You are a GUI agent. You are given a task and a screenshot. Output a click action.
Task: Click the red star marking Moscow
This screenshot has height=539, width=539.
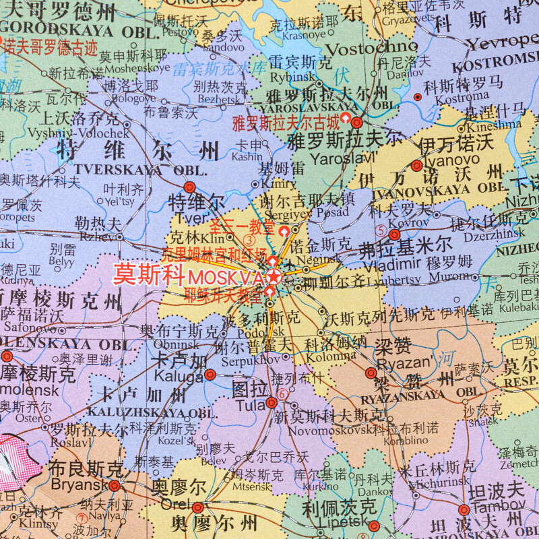pos(274,276)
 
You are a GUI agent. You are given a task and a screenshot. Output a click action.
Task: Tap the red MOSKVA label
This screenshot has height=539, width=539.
pos(226,278)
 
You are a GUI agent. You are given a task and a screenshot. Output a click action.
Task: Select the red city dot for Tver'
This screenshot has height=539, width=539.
pos(189,187)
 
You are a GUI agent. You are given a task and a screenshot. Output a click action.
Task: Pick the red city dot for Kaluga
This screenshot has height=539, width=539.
pos(210,375)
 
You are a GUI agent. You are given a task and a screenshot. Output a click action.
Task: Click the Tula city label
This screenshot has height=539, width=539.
pos(250,406)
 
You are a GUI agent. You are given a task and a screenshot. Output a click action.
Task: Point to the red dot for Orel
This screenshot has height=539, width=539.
pos(197,507)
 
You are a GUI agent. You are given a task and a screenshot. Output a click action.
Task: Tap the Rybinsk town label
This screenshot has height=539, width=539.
pos(288,77)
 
